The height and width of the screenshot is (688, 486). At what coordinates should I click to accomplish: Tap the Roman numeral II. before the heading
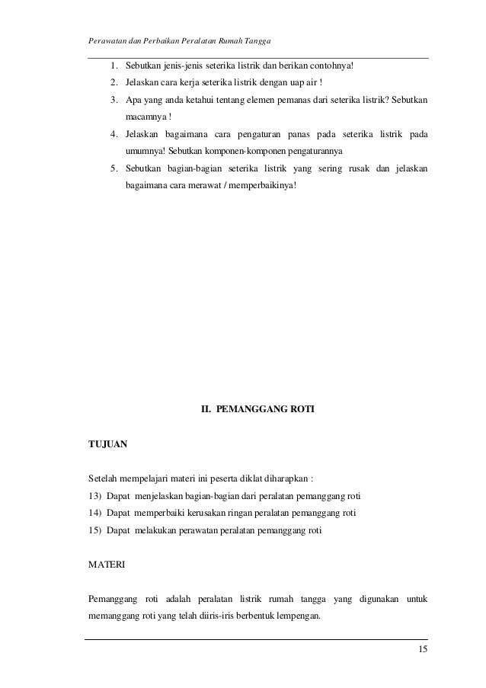pos(206,409)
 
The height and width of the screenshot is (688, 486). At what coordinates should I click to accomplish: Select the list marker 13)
pos(97,497)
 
